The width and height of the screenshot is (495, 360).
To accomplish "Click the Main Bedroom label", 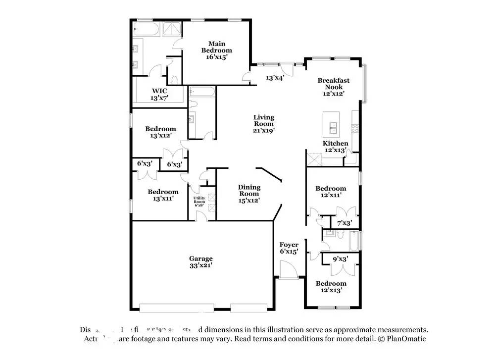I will click(x=216, y=50).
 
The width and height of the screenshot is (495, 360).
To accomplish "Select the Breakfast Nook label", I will click(x=334, y=86).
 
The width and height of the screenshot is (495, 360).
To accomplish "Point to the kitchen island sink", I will click(x=331, y=127).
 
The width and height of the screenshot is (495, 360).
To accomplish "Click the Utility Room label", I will click(x=199, y=202).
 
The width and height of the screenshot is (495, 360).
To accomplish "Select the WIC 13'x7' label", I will click(x=159, y=95).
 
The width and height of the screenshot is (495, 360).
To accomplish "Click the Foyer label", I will click(x=289, y=248).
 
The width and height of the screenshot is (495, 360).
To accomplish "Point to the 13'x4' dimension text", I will click(x=275, y=78).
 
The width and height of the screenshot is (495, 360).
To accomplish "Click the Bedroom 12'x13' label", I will click(x=331, y=287).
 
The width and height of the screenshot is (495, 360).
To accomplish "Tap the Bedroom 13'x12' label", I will click(x=160, y=132).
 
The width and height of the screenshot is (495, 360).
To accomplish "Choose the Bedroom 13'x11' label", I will click(x=163, y=195).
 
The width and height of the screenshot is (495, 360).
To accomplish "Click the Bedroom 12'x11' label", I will click(x=331, y=192).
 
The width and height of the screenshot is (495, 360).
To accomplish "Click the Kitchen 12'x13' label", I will click(x=336, y=147).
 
